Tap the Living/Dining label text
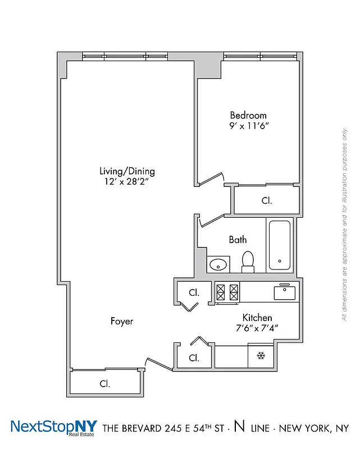[127, 171]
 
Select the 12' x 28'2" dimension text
[127, 182]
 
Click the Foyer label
[121, 321]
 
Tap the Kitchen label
[257, 318]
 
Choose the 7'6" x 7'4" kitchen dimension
[257, 328]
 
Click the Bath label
[238, 240]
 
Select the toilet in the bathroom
[248, 262]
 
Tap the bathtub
[279, 246]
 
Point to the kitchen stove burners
[227, 292]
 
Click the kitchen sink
[285, 292]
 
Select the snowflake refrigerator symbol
[261, 355]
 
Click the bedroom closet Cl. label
[267, 200]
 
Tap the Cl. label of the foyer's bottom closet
[104, 384]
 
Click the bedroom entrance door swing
[211, 178]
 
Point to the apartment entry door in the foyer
[157, 364]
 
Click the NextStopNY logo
[54, 428]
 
